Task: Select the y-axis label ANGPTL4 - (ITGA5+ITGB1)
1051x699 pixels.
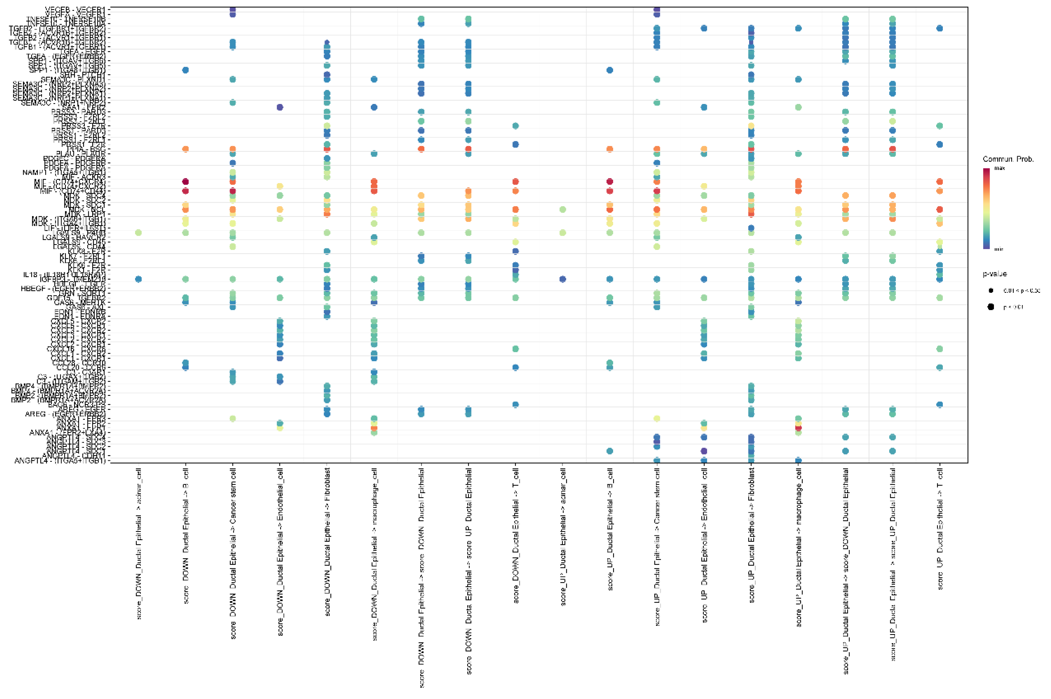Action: (60, 461)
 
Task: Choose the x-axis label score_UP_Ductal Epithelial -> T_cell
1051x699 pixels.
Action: (939, 528)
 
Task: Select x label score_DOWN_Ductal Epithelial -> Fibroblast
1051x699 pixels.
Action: (327, 541)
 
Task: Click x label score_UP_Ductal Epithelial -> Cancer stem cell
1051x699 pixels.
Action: (657, 546)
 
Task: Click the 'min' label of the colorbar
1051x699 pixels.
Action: (999, 249)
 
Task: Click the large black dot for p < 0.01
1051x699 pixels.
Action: (990, 307)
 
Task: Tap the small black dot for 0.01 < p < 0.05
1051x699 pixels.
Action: (990, 290)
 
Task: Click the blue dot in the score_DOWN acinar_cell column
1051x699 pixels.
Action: (138, 279)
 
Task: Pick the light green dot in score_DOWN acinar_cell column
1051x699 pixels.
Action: (138, 233)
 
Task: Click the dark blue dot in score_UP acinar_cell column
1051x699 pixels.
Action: (562, 279)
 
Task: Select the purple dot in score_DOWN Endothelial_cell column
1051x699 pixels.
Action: (280, 107)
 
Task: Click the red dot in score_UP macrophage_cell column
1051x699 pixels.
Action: (798, 428)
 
